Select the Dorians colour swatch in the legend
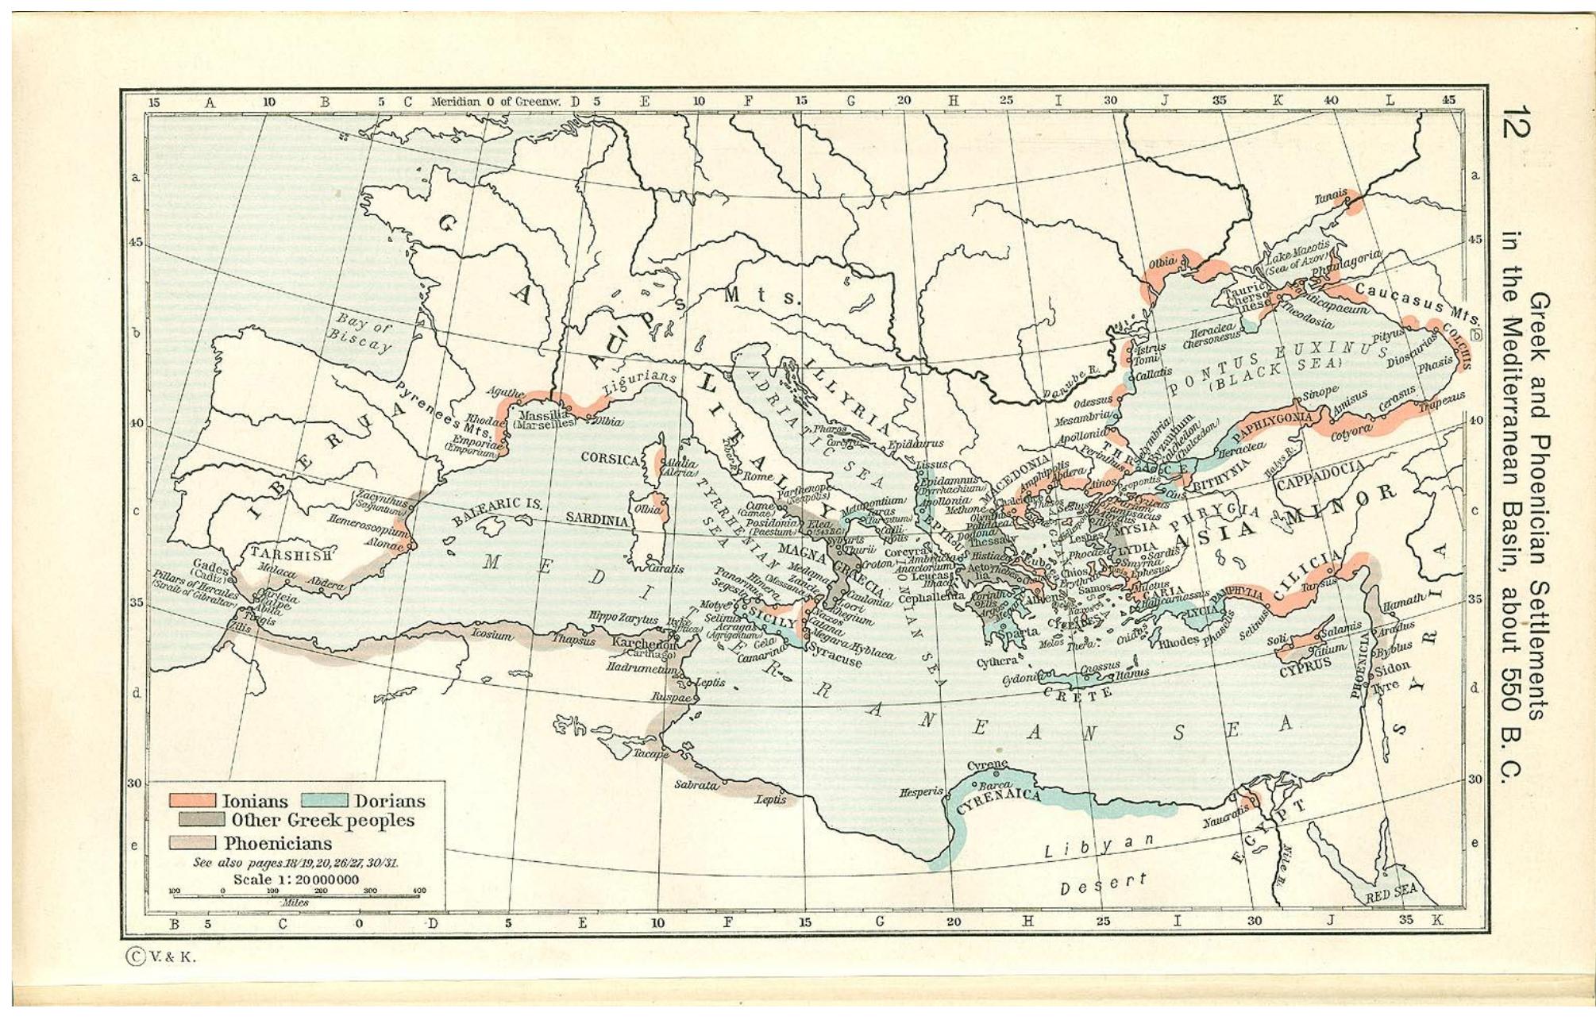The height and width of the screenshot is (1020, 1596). click(324, 801)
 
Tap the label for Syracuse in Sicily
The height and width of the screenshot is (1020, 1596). click(835, 660)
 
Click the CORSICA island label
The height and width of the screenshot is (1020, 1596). click(610, 458)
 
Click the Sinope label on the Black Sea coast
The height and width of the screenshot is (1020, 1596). click(1320, 391)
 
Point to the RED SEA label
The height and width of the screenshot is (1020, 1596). click(1391, 891)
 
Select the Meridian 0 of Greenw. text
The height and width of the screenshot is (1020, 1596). click(496, 102)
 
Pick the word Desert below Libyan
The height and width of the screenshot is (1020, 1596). click(1104, 882)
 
